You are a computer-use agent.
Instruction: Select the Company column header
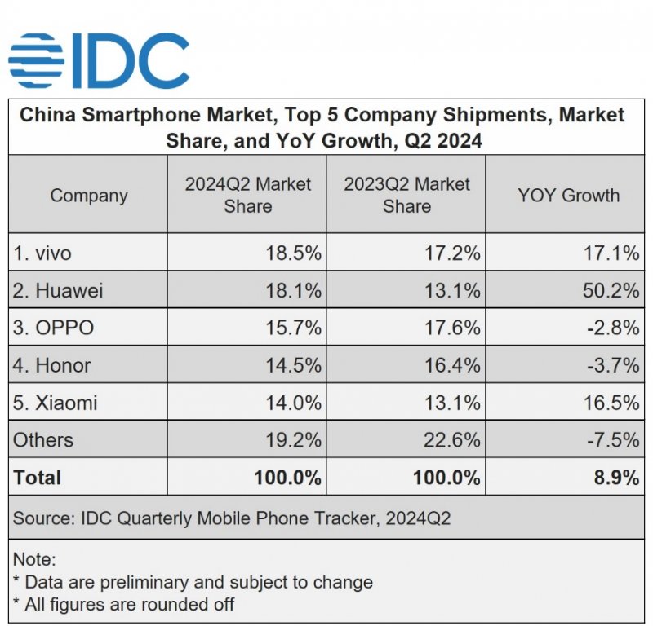tap(89, 196)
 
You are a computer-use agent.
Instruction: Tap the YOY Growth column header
tap(568, 196)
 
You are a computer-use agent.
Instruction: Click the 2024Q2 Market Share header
tap(247, 195)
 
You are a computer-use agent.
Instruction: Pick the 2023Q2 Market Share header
tap(406, 195)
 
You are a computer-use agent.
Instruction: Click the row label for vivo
tap(42, 253)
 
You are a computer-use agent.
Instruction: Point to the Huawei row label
tap(58, 291)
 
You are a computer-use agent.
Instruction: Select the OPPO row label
tap(53, 328)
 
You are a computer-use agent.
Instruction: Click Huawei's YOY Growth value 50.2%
tap(611, 291)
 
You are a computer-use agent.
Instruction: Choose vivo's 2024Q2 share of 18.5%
tap(293, 253)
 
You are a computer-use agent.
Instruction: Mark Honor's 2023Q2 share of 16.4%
tap(451, 366)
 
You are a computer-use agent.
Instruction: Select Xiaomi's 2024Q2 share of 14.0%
tap(293, 403)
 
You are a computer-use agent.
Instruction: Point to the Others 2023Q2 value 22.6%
tap(451, 441)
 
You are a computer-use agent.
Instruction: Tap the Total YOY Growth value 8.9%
tap(617, 478)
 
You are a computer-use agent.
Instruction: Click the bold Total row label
tap(38, 478)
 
